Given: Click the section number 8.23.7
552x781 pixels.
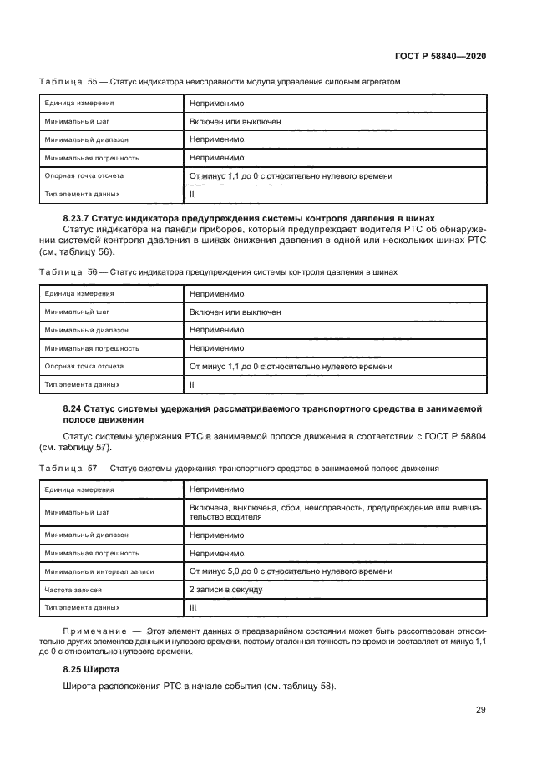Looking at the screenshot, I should pos(81,217).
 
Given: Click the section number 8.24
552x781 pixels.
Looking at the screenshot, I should pos(75,408).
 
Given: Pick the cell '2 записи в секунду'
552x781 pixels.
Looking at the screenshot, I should pos(225,589).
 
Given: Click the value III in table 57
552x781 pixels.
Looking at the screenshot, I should pos(194,607).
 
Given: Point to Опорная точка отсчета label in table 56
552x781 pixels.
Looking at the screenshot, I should pos(84,366).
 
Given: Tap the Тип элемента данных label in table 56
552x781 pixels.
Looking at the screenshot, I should pos(82,384).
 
